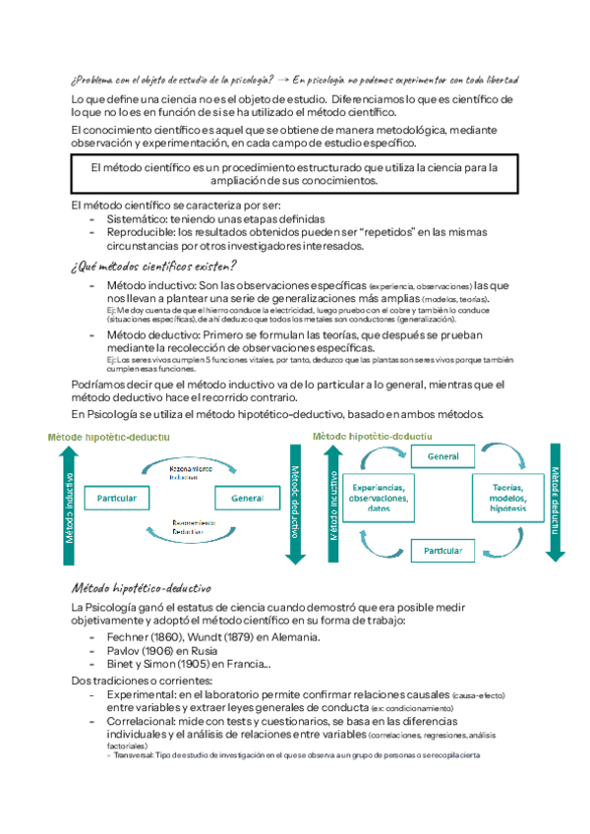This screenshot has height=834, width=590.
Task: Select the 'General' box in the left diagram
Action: [248, 500]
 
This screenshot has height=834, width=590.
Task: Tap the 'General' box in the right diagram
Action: [442, 457]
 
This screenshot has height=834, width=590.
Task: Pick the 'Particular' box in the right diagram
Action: [442, 550]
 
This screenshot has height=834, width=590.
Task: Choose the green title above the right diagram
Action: [371, 436]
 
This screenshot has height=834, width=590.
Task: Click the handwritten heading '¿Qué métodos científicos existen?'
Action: [154, 267]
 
